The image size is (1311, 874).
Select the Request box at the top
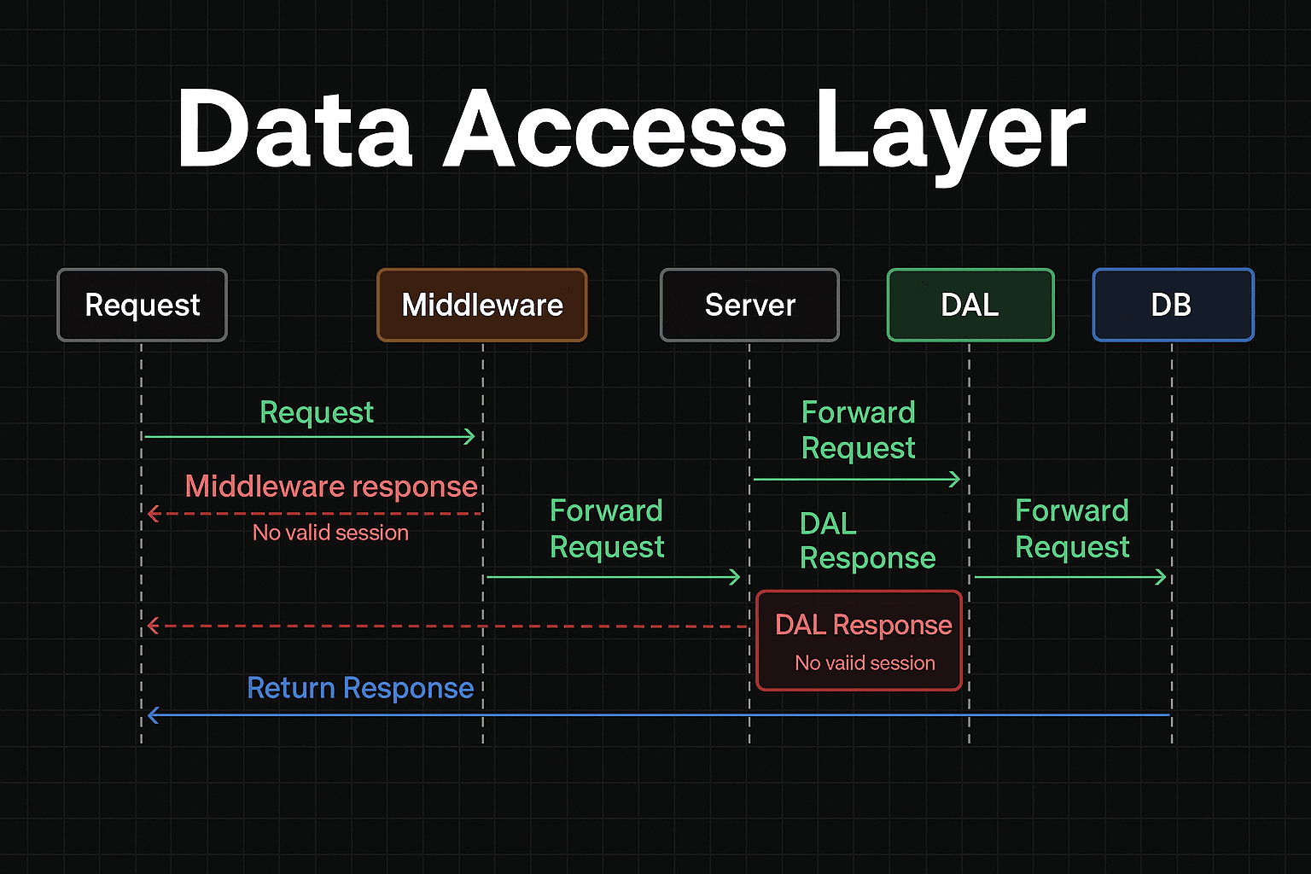[x=143, y=305]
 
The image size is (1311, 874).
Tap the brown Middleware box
[x=482, y=305]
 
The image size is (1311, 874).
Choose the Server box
[x=749, y=305]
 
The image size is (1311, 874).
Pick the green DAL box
[x=970, y=305]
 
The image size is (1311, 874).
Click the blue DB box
[x=1173, y=305]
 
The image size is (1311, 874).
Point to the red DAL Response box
[x=859, y=640]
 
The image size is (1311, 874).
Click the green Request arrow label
[x=317, y=412]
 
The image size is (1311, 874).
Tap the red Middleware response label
[x=331, y=487]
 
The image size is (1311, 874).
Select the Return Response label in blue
[x=360, y=688]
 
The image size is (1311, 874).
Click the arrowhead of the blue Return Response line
[x=152, y=715]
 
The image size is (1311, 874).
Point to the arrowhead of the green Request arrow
[x=470, y=437]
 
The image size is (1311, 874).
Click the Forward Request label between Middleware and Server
[x=607, y=528]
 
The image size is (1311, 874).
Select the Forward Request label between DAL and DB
[x=1072, y=528]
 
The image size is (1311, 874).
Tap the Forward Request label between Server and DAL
[x=858, y=430]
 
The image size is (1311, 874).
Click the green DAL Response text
[x=866, y=540]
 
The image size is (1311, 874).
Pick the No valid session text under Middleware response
[x=330, y=533]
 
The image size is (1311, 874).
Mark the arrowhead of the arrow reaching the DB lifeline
[x=1162, y=578]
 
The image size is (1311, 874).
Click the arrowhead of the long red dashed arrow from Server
[x=152, y=626]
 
